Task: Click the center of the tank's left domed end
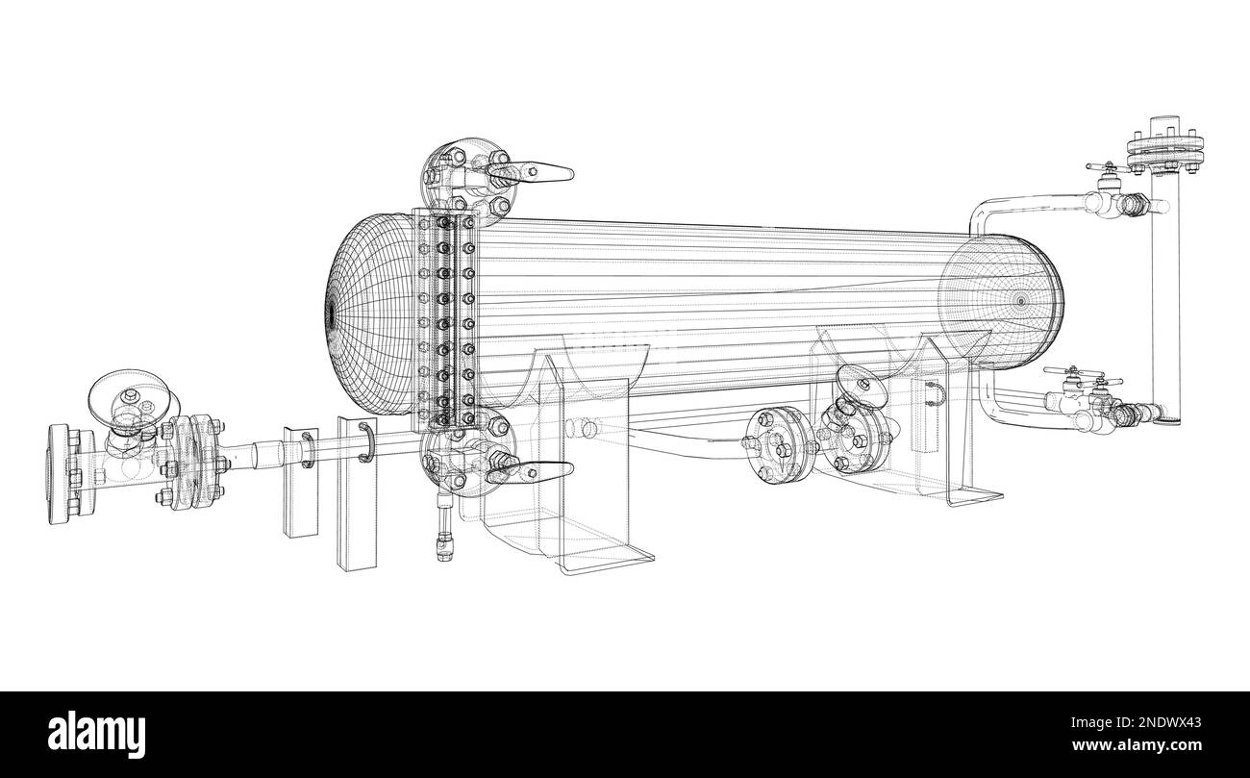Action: [330, 313]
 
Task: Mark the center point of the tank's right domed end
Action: [1020, 301]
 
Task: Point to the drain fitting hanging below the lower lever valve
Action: [441, 533]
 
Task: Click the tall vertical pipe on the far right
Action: [1164, 289]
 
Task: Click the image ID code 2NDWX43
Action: [1173, 720]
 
